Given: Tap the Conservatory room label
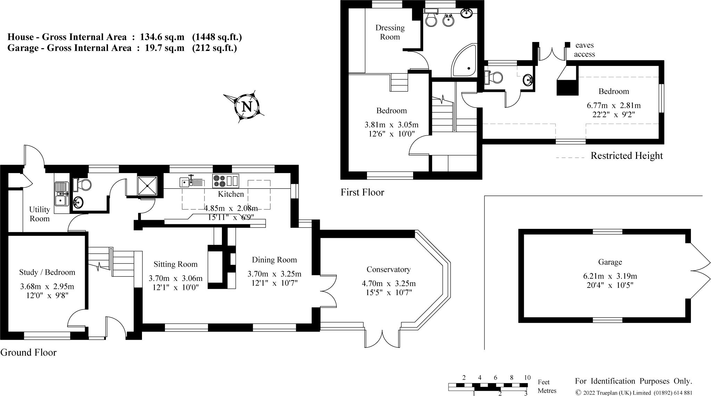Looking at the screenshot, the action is coord(388,269).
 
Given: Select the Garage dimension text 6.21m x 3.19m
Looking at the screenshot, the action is coord(610,276).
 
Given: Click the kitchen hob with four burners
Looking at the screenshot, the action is coord(219,181).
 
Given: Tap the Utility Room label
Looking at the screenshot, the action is coord(40,214).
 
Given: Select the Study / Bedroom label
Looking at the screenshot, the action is coord(47,272).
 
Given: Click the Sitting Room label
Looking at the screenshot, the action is coord(175,264).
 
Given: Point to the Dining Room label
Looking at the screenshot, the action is coord(274,260).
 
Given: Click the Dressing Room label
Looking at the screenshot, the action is coord(390,32).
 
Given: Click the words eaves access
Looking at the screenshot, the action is coord(584,50).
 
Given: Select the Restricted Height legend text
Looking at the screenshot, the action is coord(627,156).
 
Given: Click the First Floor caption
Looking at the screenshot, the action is coord(362,192).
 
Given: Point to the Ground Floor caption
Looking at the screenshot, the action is coord(28,353).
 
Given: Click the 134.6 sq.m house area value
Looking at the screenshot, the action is coord(162,37).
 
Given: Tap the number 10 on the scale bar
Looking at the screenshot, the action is coord(527,378).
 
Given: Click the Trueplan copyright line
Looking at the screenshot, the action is coord(634,393).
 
